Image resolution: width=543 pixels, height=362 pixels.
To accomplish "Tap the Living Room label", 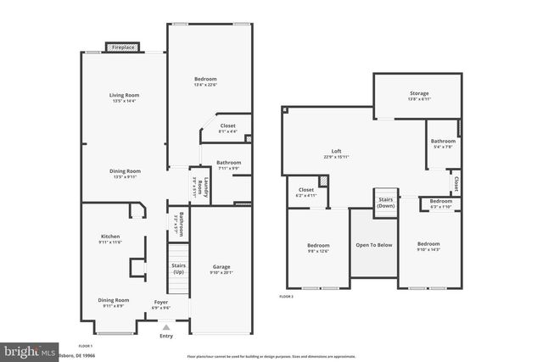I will (x=124, y=96).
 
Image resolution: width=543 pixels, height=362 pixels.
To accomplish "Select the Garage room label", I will (x=221, y=267).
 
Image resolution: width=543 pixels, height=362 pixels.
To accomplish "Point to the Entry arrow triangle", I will (x=166, y=326).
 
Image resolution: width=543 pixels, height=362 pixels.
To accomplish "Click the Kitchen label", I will (x=110, y=237).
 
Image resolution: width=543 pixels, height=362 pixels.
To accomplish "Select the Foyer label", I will (x=161, y=301).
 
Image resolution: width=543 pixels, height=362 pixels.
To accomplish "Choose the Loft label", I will (x=336, y=151).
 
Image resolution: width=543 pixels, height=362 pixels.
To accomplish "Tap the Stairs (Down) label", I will (x=386, y=202).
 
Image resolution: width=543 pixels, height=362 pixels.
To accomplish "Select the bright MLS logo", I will (x=30, y=349).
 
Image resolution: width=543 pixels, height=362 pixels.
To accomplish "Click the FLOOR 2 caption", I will (x=286, y=297).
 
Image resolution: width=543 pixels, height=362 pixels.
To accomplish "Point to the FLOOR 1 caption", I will (x=86, y=346).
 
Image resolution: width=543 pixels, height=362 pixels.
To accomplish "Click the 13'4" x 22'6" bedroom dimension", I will (x=205, y=84).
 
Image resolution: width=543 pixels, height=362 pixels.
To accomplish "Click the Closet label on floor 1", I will (x=227, y=125).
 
